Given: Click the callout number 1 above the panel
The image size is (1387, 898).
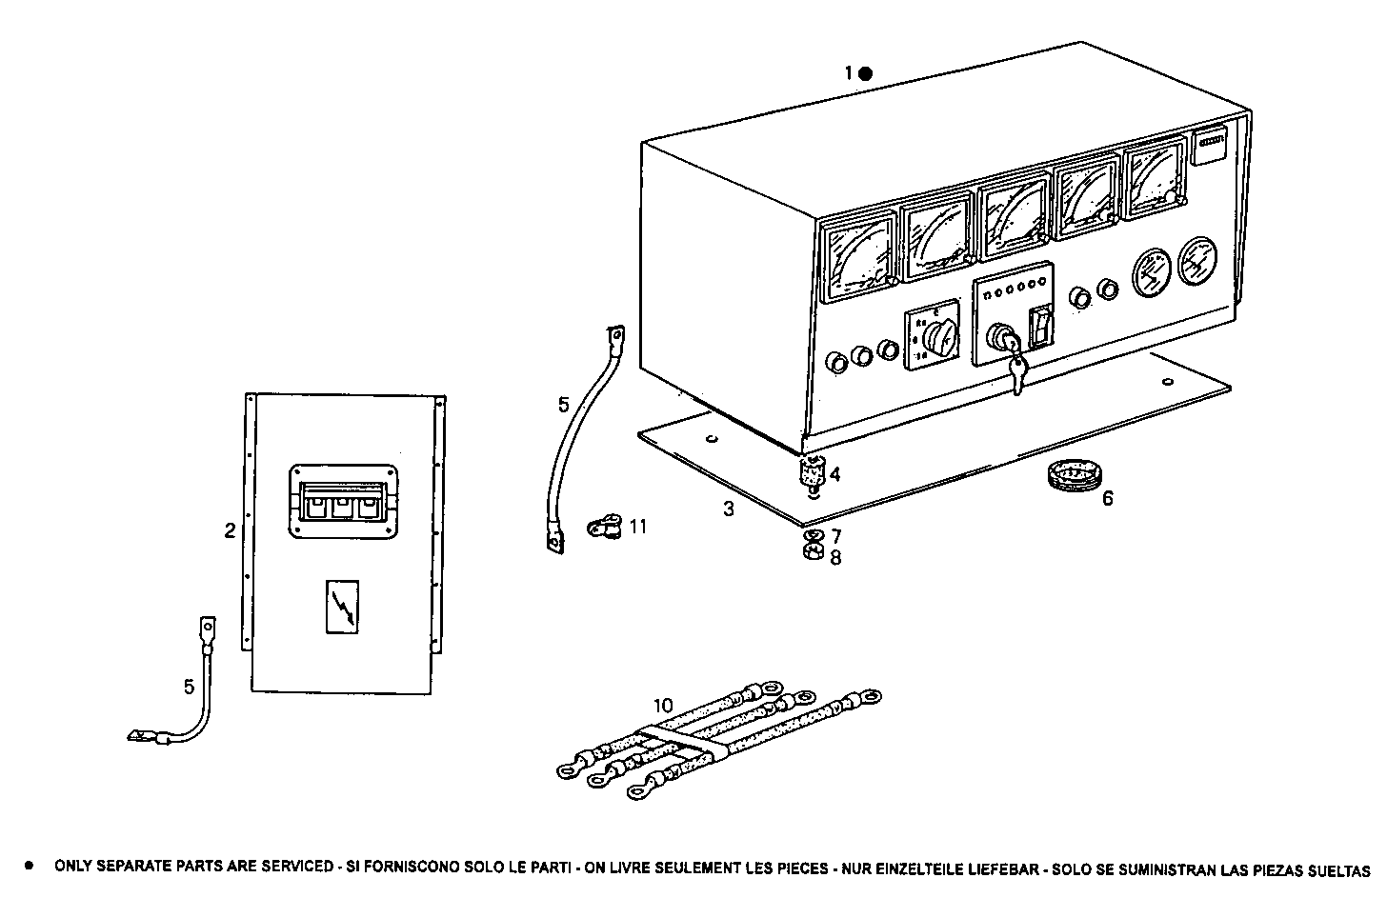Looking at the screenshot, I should click(849, 73).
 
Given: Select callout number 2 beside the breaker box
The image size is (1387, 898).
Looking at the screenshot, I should click(230, 531).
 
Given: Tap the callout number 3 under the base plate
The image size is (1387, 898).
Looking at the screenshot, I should click(729, 509).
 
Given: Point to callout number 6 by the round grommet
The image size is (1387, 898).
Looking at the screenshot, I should click(1108, 498).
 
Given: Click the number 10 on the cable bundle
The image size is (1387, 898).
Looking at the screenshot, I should click(663, 706).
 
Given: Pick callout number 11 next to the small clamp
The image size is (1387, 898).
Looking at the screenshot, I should click(638, 526).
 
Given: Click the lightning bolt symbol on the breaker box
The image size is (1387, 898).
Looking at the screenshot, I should click(341, 607).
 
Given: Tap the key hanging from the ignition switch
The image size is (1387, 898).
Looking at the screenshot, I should click(1016, 374).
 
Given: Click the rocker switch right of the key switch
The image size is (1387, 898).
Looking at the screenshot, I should click(1043, 325).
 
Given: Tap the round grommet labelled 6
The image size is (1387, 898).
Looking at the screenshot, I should click(1071, 474).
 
